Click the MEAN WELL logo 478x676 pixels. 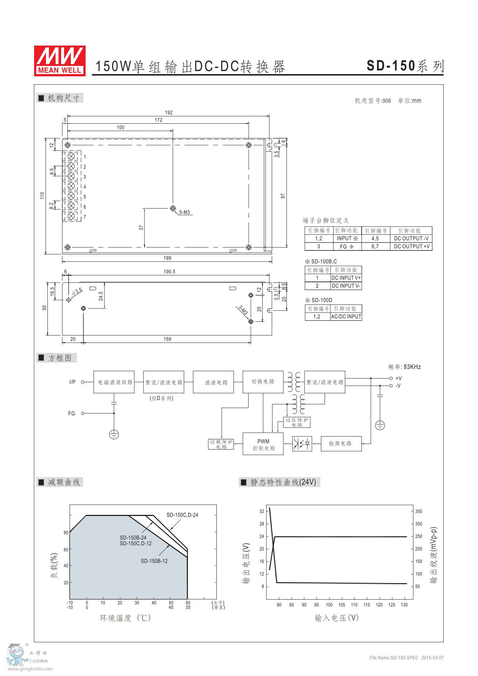[x=60, y=61]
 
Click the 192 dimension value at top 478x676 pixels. [x=169, y=113]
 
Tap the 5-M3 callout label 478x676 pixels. [x=185, y=212]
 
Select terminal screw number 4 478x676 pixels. [x=72, y=186]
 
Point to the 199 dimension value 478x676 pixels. [x=167, y=258]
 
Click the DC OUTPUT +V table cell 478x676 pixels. [x=411, y=246]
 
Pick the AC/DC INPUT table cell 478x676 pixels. [x=346, y=317]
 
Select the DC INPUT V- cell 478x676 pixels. [x=346, y=286]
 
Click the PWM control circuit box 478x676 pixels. [x=263, y=444]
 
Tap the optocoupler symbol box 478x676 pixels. [x=302, y=444]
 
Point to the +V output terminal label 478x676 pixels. [x=399, y=378]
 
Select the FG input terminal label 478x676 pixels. [x=72, y=413]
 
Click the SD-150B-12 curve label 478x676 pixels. [x=154, y=561]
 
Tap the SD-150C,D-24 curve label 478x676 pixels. [x=182, y=515]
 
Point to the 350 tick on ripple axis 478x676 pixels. [x=419, y=511]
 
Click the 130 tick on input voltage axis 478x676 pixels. [x=404, y=605]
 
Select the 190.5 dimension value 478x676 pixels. [x=169, y=272]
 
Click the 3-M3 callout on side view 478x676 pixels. [x=243, y=310]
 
